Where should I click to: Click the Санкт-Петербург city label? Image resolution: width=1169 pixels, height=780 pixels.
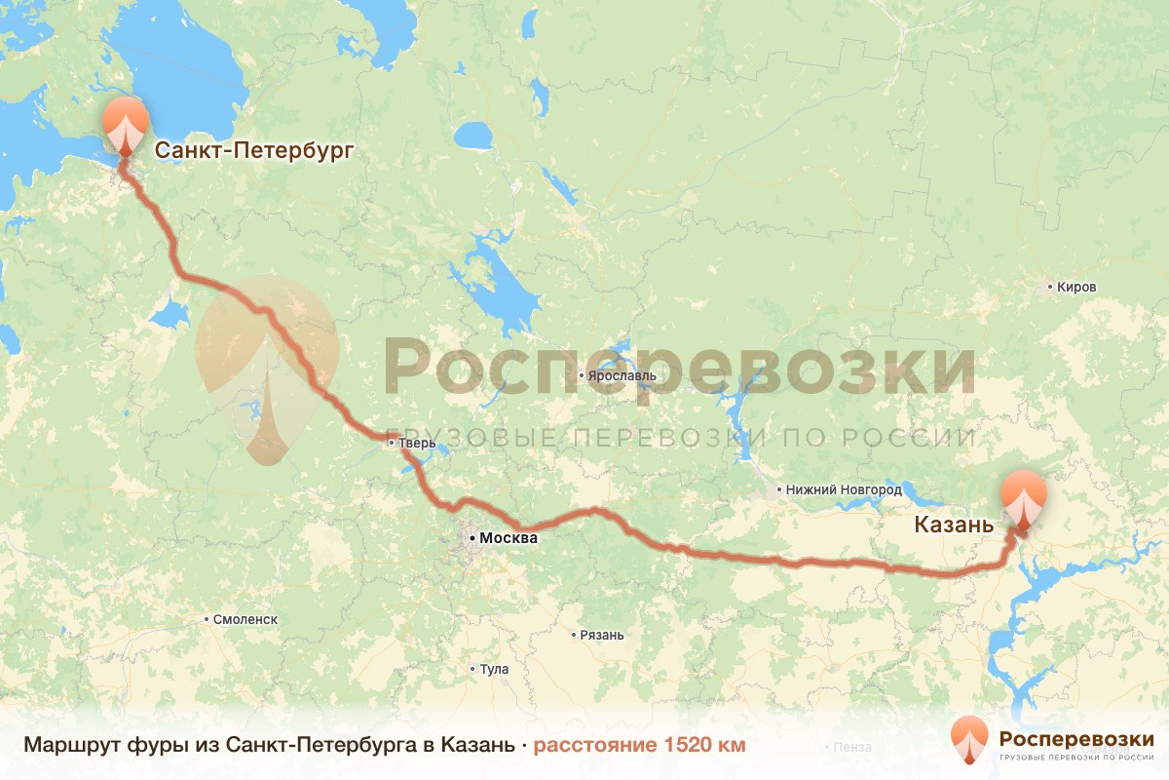click(253, 151)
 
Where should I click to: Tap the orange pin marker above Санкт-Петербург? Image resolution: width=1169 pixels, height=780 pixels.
click(126, 124)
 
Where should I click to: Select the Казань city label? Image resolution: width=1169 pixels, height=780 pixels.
click(954, 526)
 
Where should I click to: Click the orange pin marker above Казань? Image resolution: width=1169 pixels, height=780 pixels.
click(1024, 496)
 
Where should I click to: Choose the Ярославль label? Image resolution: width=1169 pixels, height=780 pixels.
click(622, 375)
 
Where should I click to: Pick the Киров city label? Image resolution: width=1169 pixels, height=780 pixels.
click(1075, 288)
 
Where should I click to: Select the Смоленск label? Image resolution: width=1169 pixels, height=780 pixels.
click(245, 619)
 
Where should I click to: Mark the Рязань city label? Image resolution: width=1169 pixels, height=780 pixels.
click(600, 635)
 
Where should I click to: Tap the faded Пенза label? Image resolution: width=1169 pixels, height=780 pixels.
click(851, 748)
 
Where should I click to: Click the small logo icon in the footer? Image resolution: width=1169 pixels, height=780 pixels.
click(969, 738)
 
